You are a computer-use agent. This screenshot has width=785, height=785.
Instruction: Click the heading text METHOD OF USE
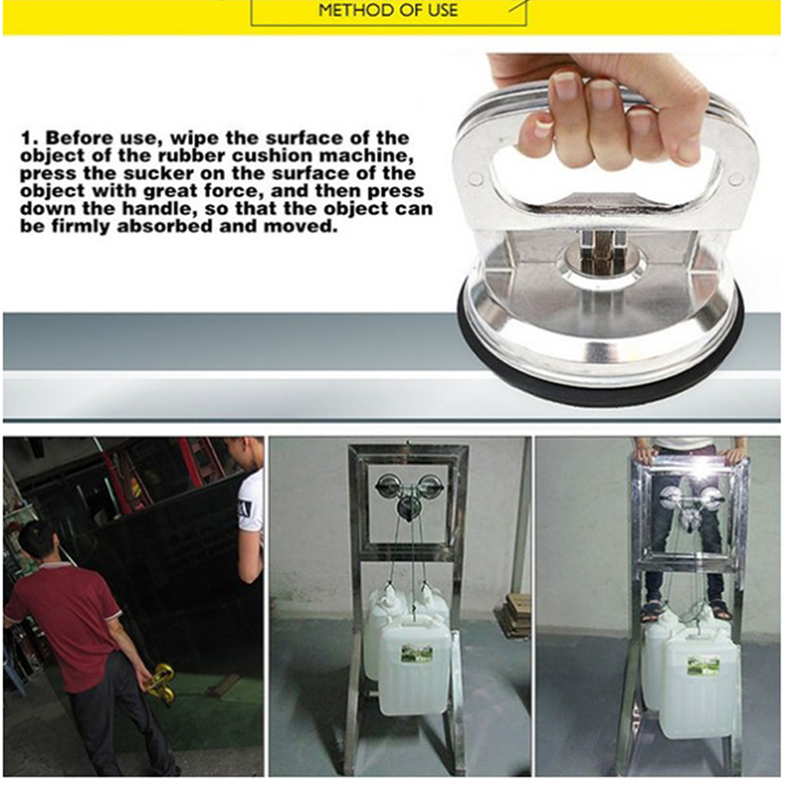tap(388, 10)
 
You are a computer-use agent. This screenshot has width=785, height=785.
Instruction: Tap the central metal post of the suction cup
tap(601, 249)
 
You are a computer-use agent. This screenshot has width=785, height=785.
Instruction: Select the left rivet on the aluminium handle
tap(477, 179)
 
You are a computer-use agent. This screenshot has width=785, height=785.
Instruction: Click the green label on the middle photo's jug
tap(416, 654)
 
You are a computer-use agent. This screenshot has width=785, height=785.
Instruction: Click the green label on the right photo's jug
tap(704, 666)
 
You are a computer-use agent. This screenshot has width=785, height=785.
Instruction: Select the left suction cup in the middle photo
tap(387, 486)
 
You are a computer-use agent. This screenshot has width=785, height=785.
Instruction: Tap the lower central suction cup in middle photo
tap(406, 508)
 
